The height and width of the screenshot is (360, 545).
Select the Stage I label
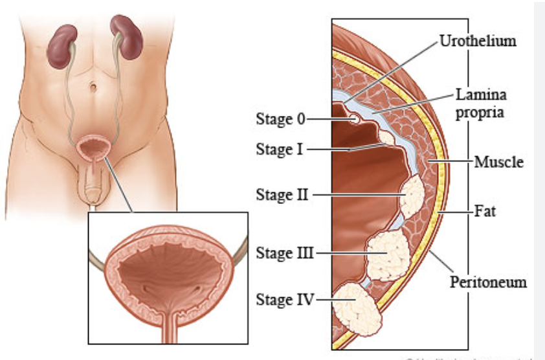[279, 150]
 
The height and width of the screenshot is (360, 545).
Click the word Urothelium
[478, 41]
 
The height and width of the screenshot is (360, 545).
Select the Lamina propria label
[480, 104]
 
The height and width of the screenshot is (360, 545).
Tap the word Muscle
[498, 161]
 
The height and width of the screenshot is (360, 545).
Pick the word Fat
[485, 211]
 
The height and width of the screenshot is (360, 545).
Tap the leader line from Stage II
[356, 194]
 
